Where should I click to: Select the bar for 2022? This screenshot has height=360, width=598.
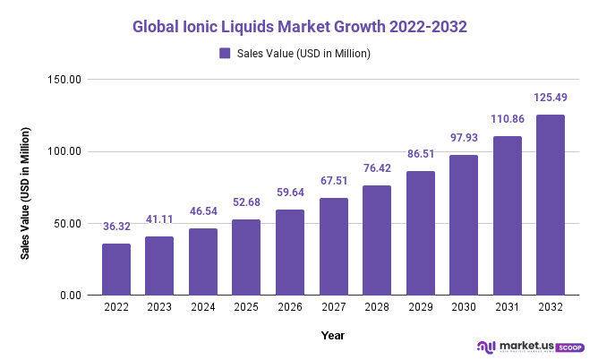[x=115, y=269]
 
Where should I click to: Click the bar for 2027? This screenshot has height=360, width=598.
[x=333, y=246]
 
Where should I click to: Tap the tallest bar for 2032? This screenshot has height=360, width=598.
[x=550, y=204]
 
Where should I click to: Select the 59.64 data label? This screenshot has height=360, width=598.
[x=289, y=193]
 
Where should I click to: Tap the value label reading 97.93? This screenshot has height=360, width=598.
[x=463, y=138]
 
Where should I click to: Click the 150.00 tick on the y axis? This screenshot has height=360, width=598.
[x=64, y=80]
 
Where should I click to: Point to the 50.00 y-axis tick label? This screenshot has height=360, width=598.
[x=67, y=223]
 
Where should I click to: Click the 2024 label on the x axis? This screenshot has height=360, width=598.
[x=202, y=306]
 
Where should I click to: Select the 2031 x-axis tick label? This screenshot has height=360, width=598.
[x=507, y=306]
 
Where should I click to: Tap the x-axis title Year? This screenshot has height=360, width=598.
[x=333, y=335]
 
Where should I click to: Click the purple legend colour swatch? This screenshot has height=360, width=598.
[x=226, y=54]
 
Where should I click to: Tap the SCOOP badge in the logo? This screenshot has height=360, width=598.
[x=569, y=347]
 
